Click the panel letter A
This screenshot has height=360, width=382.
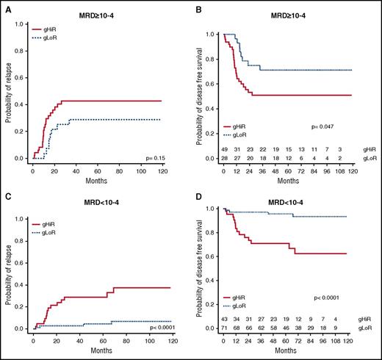coord(5,5)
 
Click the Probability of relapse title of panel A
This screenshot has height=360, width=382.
coord(8,90)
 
